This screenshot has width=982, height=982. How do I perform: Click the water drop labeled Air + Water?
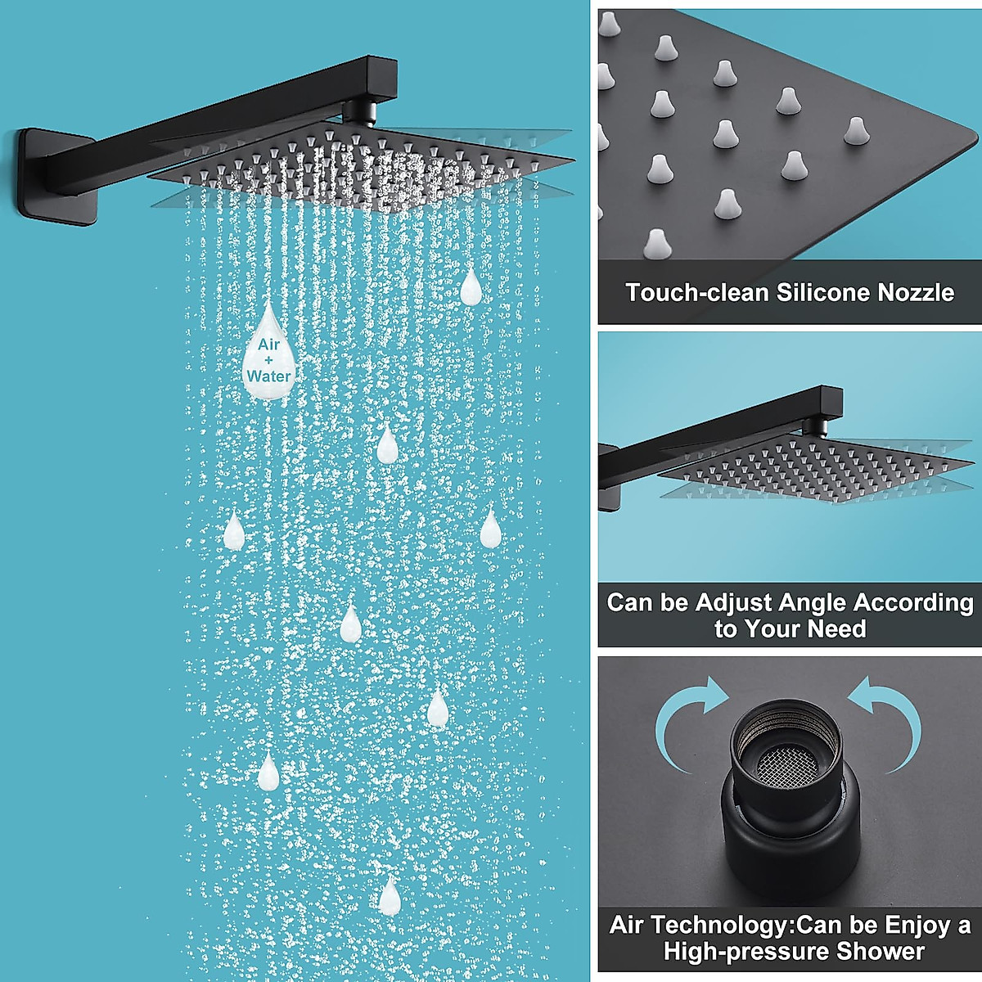268,360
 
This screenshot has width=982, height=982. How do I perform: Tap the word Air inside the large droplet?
268,345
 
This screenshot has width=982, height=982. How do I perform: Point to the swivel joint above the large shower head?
359,110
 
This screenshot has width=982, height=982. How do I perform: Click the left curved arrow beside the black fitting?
687,720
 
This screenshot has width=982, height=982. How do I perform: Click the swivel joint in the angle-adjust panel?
813,425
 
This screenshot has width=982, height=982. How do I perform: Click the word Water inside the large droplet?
268,376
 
